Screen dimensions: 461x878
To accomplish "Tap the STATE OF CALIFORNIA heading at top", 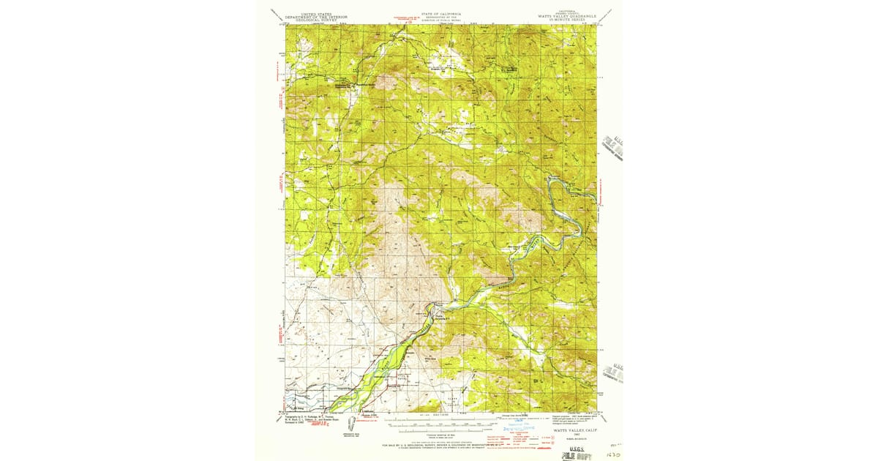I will [440, 13].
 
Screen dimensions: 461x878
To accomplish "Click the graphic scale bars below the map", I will [439, 422].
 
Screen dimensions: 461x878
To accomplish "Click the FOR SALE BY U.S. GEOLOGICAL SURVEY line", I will [439, 444].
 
